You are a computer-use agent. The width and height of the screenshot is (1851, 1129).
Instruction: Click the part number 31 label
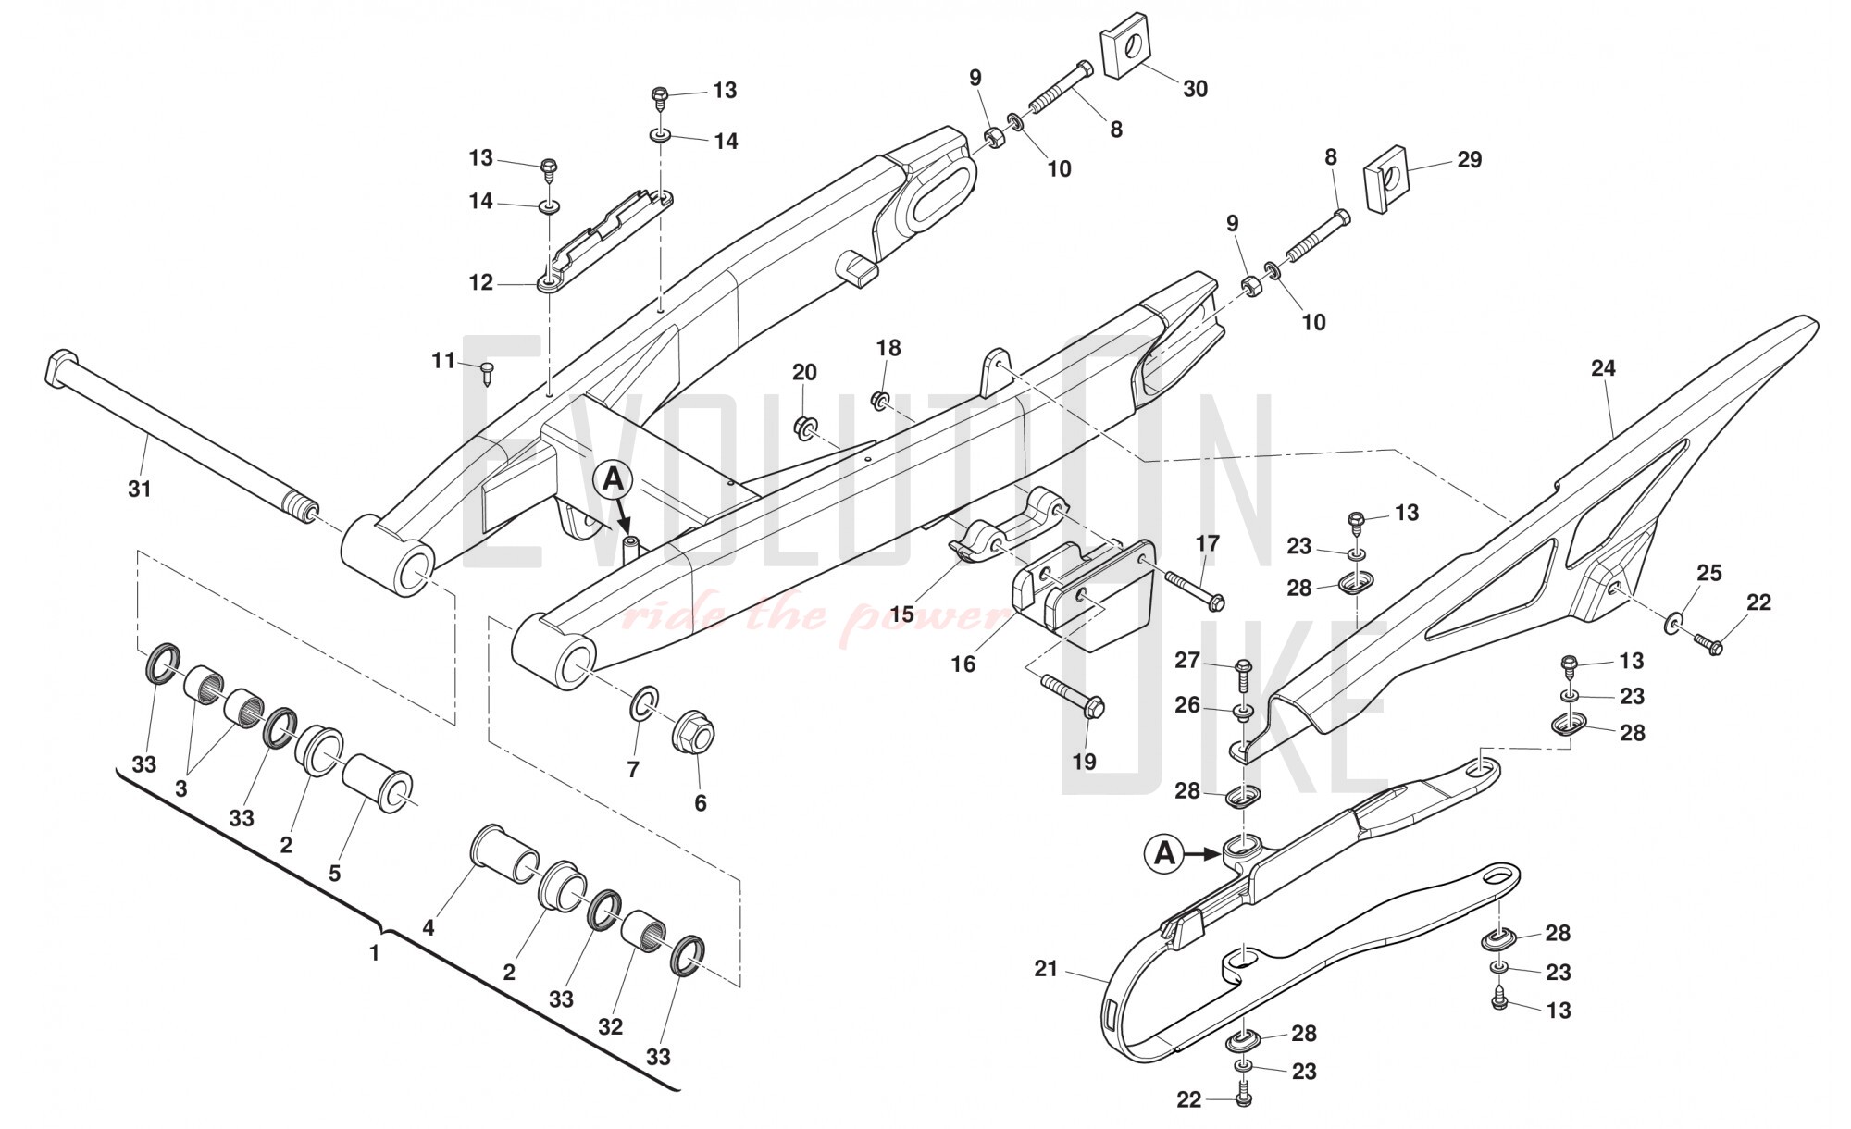[x=139, y=488]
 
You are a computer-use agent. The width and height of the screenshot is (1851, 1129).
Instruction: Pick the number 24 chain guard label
[x=1603, y=368]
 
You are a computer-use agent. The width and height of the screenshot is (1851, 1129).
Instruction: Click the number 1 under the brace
[x=375, y=952]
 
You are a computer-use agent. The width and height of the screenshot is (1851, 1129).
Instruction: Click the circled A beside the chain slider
[x=1164, y=852]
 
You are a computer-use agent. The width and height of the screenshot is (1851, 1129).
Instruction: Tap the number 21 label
[x=1046, y=969]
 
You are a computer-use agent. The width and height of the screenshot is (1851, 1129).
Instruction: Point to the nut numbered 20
[x=803, y=427]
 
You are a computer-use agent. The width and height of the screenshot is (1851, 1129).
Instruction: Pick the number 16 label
[x=963, y=664]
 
